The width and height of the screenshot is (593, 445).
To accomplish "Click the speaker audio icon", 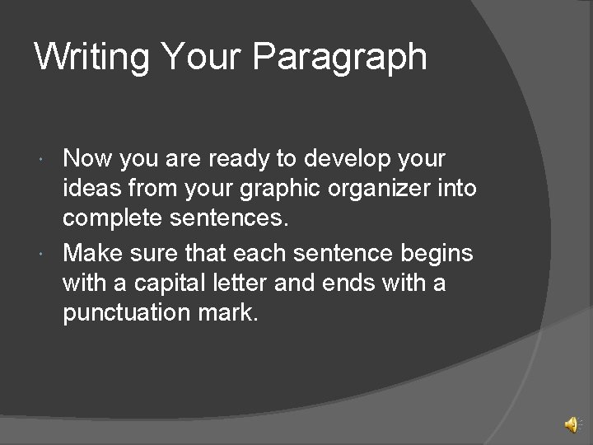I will [571, 424].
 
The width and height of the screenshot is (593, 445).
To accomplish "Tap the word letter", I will [245, 283].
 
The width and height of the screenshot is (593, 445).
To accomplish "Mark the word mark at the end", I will [232, 315].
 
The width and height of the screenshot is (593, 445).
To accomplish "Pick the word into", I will [458, 189].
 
